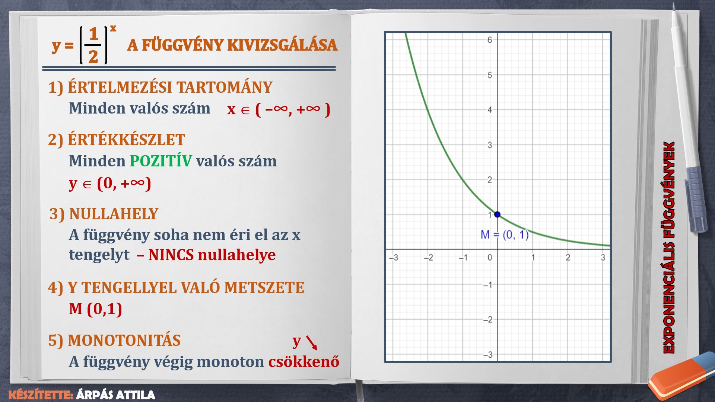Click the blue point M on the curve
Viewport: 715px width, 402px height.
pyautogui.click(x=497, y=214)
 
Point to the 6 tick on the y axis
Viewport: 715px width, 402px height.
pyautogui.click(x=490, y=40)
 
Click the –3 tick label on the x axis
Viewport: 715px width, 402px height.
pyautogui.click(x=393, y=258)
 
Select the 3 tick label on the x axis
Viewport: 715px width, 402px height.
pyautogui.click(x=603, y=258)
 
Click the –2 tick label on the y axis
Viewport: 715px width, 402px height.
pyautogui.click(x=487, y=320)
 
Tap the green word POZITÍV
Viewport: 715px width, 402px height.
pyautogui.click(x=161, y=161)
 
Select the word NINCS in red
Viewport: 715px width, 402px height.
pyautogui.click(x=171, y=255)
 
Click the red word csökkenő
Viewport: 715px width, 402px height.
pyautogui.click(x=304, y=362)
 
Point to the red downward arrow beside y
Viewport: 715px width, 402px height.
pyautogui.click(x=311, y=343)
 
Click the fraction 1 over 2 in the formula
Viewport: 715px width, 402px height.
pyautogui.click(x=93, y=45)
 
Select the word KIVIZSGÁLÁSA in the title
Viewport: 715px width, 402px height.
pyautogui.click(x=282, y=45)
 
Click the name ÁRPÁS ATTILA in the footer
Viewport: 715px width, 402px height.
pyautogui.click(x=115, y=395)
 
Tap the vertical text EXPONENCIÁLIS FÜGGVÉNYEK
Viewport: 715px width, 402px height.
pyautogui.click(x=669, y=247)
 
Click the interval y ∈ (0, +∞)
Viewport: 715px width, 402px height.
pyautogui.click(x=110, y=183)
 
